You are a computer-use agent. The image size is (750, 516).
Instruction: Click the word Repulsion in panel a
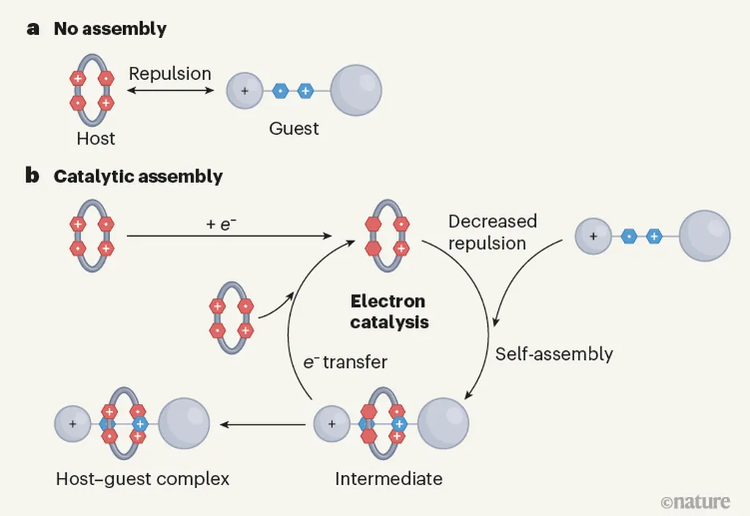coord(170,74)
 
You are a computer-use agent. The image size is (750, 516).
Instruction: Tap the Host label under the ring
coord(96,138)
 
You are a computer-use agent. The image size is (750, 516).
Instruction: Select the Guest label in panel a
coord(294,129)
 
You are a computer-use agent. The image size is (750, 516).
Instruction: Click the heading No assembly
coord(110,30)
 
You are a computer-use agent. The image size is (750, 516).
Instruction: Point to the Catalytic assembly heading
coord(138,177)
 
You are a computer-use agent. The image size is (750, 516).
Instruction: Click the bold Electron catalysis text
coord(388,312)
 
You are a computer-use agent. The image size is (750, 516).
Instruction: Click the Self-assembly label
coord(554,354)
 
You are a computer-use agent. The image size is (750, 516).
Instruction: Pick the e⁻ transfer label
coord(345,362)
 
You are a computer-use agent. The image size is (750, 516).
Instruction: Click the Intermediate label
coord(388,479)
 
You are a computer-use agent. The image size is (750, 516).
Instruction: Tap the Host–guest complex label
coord(143,479)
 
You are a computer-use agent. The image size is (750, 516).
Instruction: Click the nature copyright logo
coord(695,502)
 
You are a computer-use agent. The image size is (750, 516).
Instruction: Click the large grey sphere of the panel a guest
coord(356,92)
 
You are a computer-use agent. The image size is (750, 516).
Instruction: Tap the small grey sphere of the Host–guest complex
coord(73,424)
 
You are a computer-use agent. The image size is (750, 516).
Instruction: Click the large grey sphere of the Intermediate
coord(443,424)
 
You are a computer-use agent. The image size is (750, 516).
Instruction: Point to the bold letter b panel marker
coord(32,177)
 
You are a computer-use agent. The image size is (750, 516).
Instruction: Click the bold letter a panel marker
coord(32,30)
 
